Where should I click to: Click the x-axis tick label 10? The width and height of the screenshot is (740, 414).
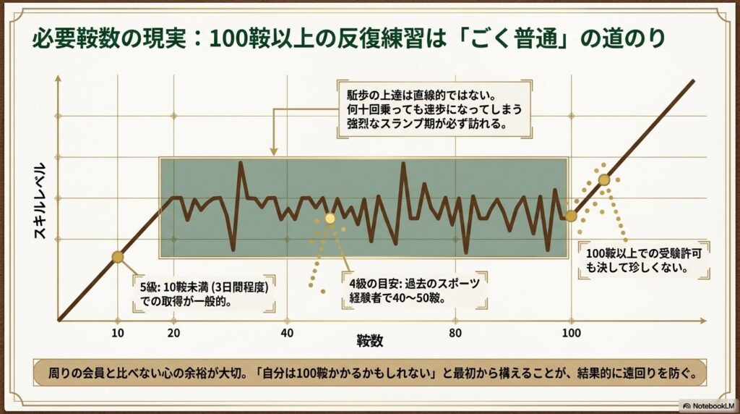pyautogui.click(x=118, y=333)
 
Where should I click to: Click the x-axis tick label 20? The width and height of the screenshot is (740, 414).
pyautogui.click(x=173, y=333)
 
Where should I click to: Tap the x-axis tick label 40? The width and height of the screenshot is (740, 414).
pyautogui.click(x=287, y=333)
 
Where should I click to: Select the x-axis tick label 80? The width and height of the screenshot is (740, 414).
pyautogui.click(x=455, y=333)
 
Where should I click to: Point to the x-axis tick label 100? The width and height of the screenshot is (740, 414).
pyautogui.click(x=571, y=333)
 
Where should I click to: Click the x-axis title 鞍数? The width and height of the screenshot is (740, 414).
pyautogui.click(x=369, y=339)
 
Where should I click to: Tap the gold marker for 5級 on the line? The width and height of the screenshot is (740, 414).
pyautogui.click(x=118, y=256)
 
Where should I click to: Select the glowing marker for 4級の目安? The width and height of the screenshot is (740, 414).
pyautogui.click(x=330, y=218)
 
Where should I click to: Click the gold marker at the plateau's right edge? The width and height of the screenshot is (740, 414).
pyautogui.click(x=571, y=216)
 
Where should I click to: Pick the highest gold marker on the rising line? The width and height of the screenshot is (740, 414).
pyautogui.click(x=604, y=180)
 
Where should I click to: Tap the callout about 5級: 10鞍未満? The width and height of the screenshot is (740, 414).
pyautogui.click(x=204, y=294)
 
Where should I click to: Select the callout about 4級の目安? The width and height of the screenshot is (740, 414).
pyautogui.click(x=413, y=290)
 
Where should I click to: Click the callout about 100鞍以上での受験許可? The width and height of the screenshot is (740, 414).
pyautogui.click(x=636, y=260)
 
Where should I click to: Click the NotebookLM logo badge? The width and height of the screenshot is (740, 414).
pyautogui.click(x=707, y=405)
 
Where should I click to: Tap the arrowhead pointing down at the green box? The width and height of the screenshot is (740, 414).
pyautogui.click(x=274, y=151)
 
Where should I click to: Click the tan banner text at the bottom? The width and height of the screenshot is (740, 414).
pyautogui.click(x=369, y=376)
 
